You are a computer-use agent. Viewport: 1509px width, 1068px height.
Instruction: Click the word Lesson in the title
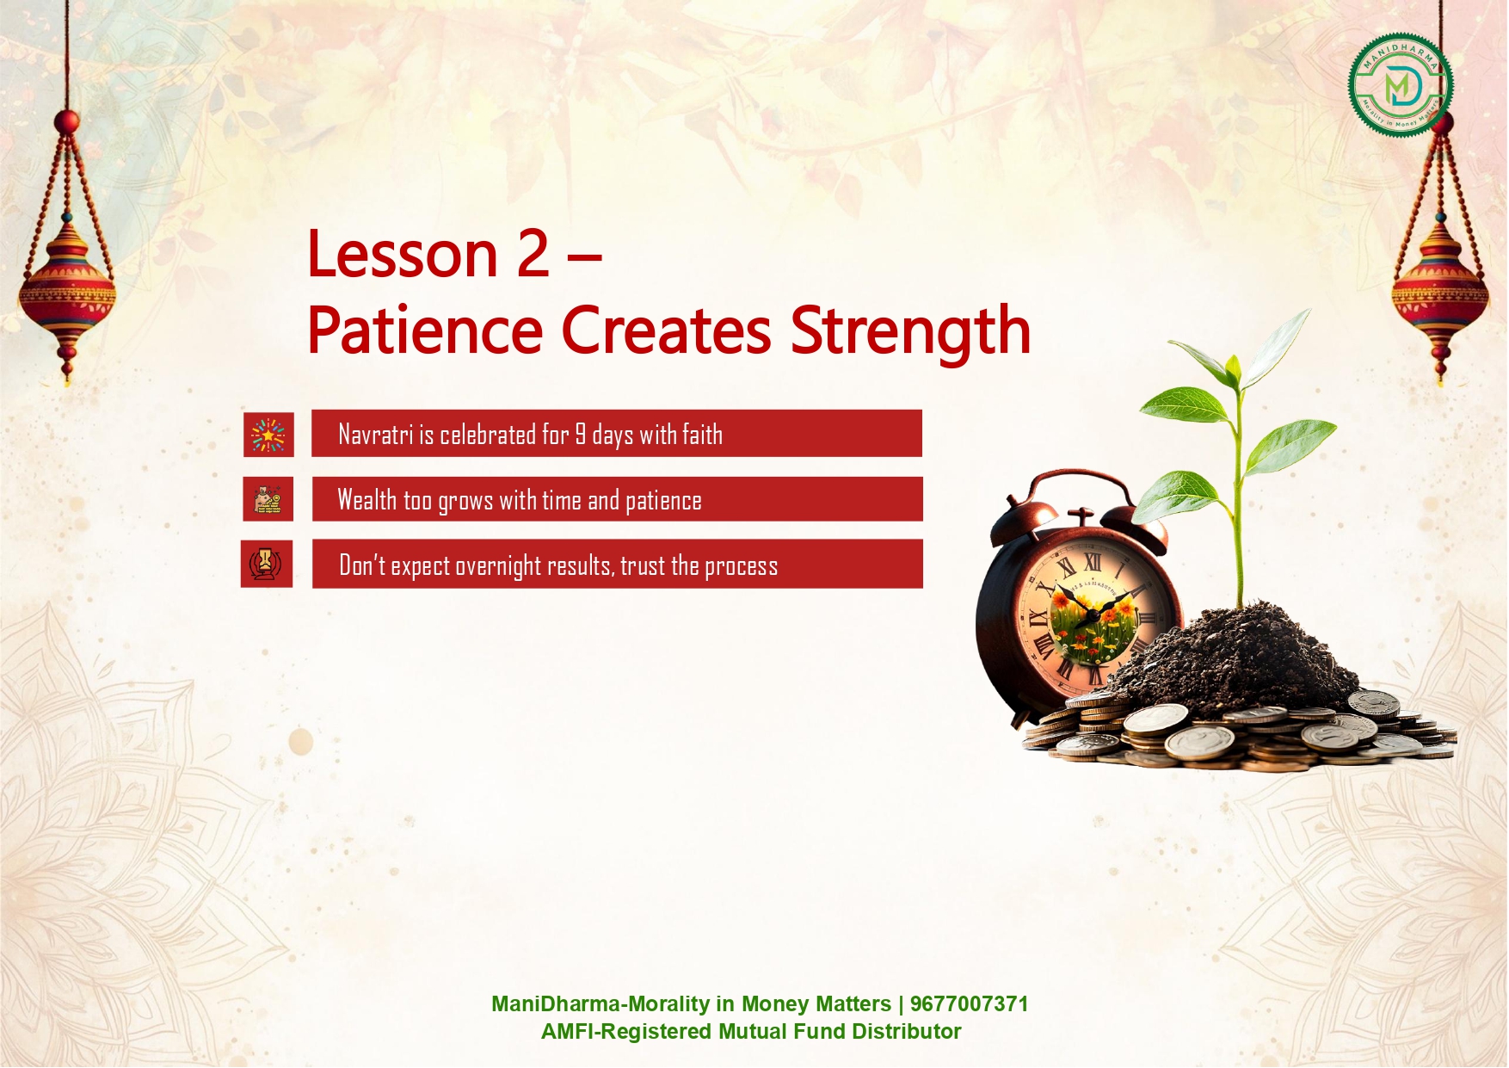click(x=403, y=254)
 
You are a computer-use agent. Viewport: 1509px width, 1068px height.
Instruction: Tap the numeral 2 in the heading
click(x=533, y=254)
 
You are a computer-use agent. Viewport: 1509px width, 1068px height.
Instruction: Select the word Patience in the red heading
click(x=425, y=330)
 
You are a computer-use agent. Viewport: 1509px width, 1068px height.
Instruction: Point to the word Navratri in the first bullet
click(x=376, y=435)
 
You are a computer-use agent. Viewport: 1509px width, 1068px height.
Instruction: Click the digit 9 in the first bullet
click(x=581, y=435)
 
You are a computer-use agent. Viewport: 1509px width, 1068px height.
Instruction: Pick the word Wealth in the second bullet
click(x=367, y=499)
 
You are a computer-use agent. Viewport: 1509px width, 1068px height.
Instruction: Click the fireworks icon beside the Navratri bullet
click(x=268, y=435)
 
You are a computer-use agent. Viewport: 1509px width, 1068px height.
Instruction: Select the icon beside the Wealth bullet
click(x=268, y=499)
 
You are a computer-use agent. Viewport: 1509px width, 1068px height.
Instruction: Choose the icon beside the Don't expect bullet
click(x=267, y=564)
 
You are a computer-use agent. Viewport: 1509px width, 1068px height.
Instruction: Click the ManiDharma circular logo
click(x=1401, y=85)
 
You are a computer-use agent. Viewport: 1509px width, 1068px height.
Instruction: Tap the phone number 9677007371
click(x=969, y=1004)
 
